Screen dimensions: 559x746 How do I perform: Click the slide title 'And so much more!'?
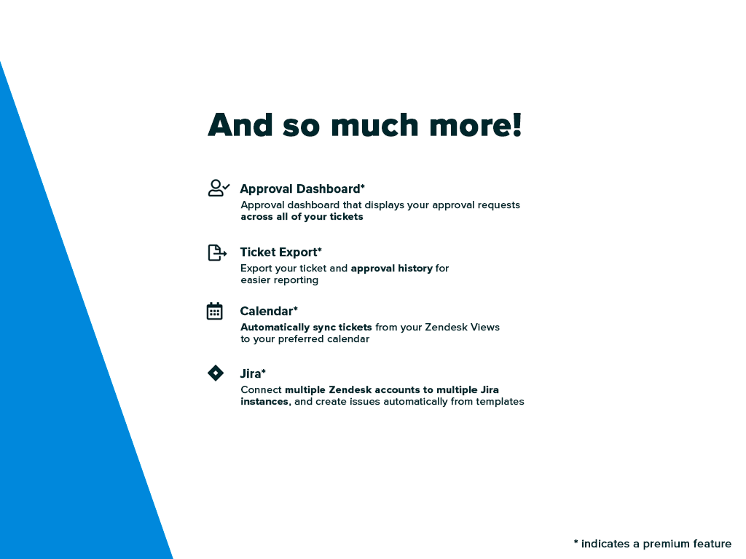pyautogui.click(x=364, y=125)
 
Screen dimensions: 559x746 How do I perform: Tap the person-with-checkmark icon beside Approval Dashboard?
pyautogui.click(x=218, y=189)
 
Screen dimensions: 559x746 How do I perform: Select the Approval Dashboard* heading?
pyautogui.click(x=302, y=189)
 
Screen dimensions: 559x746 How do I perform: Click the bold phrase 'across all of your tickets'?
pyautogui.click(x=302, y=217)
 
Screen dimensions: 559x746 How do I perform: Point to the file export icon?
pyautogui.click(x=216, y=253)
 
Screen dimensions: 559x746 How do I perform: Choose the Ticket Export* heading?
pyautogui.click(x=280, y=253)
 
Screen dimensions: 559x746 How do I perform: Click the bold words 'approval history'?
pyautogui.click(x=391, y=269)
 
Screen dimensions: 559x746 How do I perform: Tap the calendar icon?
pyautogui.click(x=214, y=312)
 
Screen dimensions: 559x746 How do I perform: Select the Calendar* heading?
pyautogui.click(x=268, y=312)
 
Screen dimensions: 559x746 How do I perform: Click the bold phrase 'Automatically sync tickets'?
pyautogui.click(x=306, y=328)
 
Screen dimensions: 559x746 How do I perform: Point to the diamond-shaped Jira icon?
pyautogui.click(x=216, y=373)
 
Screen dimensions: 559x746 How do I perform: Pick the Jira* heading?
pyautogui.click(x=253, y=374)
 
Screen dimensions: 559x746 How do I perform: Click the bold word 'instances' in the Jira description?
pyautogui.click(x=264, y=402)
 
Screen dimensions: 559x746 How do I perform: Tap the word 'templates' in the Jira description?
pyautogui.click(x=500, y=402)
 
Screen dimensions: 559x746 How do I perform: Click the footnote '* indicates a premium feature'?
pyautogui.click(x=652, y=544)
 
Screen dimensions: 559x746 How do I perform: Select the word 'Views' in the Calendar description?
pyautogui.click(x=485, y=328)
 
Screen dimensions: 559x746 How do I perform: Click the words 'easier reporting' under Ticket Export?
pyautogui.click(x=279, y=280)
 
